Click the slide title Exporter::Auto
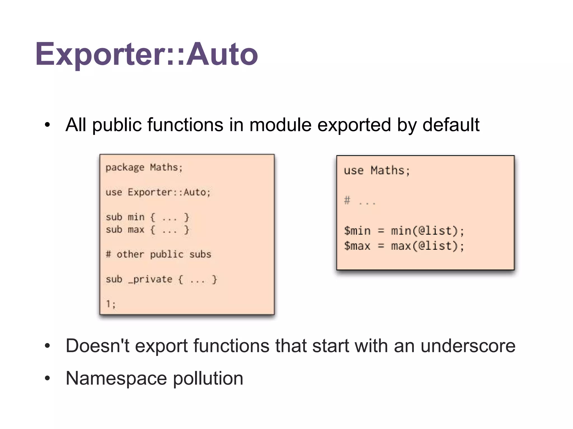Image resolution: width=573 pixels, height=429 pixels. coord(146,54)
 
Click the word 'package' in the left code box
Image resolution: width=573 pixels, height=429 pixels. coord(125,168)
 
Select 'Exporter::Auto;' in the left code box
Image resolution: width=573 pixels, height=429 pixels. coord(169,192)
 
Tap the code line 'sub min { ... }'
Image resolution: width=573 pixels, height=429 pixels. coord(147,217)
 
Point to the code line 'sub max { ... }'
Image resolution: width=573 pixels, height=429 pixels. coord(147,230)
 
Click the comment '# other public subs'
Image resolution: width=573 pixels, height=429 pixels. coord(158,254)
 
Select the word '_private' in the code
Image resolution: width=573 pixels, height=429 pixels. coord(150,279)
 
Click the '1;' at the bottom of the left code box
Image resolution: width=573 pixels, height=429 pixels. coord(111,304)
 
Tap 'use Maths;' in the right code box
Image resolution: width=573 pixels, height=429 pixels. coord(377,171)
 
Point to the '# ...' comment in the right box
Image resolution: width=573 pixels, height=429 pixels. coord(360,201)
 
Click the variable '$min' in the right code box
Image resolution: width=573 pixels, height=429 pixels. coord(357,231)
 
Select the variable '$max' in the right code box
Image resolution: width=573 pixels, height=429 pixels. coord(357,246)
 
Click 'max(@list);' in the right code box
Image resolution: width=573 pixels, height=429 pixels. coord(427,246)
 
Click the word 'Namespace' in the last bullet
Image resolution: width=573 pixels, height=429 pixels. coord(116,378)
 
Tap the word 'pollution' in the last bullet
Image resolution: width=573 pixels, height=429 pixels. coord(208,378)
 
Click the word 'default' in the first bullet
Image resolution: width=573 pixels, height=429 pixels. coord(451,125)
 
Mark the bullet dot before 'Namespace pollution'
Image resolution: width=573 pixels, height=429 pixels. coord(47,379)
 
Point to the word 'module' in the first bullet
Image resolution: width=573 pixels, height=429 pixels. coord(280,125)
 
